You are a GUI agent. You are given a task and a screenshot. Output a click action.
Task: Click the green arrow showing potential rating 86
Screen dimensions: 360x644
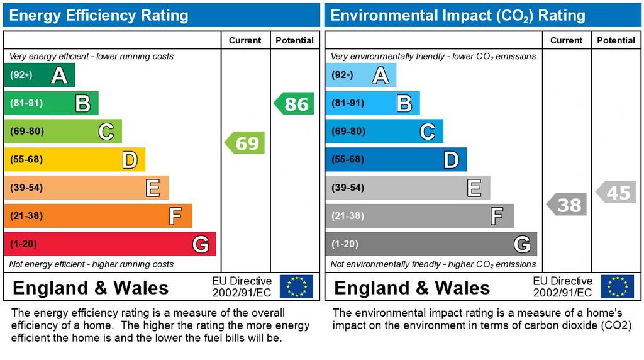(294, 103)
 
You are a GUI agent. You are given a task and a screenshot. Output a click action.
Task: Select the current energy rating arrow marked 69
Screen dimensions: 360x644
(245, 143)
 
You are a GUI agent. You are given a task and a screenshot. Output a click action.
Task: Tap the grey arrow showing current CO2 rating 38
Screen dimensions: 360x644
(567, 205)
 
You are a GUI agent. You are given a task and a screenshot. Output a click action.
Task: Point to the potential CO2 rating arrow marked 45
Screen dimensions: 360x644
(616, 192)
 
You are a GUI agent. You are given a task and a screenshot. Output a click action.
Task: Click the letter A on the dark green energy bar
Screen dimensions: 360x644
(59, 76)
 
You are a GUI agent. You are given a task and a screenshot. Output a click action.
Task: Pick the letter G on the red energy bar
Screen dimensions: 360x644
(200, 244)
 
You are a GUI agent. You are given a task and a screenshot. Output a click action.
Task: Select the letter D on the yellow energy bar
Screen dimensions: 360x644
(130, 160)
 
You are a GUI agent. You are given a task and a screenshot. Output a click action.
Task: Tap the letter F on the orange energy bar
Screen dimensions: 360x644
(175, 217)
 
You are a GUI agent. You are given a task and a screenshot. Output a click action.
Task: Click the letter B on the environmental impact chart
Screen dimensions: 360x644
(404, 103)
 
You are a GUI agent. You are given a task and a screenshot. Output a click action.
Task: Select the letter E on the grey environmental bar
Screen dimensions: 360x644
(474, 188)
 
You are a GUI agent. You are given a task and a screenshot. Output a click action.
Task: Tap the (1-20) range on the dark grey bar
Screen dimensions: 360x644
(345, 244)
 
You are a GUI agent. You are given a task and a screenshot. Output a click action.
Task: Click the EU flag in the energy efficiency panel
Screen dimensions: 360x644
(296, 286)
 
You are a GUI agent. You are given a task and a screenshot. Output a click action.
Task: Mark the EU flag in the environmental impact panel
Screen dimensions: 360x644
(617, 286)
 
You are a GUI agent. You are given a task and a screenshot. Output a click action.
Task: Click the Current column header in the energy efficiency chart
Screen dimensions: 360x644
(245, 40)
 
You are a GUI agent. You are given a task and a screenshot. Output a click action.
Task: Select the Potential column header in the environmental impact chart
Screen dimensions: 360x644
(616, 40)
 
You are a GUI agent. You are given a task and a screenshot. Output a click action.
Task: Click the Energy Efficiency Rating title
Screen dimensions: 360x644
(99, 15)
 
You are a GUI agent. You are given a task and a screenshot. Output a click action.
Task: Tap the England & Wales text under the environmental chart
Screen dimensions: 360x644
(412, 288)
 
